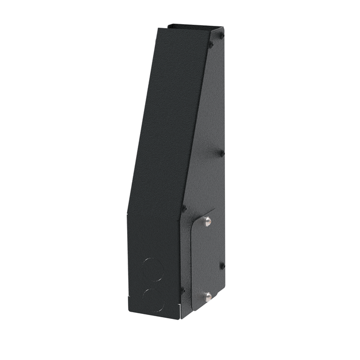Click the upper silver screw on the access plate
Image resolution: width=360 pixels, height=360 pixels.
point(208,221)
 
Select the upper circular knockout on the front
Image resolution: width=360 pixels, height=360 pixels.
point(152,269)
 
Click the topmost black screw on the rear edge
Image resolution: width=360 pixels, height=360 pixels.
point(221,36)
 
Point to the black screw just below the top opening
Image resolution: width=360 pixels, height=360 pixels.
point(210,44)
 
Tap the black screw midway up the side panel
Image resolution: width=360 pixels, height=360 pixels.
point(221,152)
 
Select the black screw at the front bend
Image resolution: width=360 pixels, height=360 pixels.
point(183,208)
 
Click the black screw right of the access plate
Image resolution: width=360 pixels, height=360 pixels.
point(222,265)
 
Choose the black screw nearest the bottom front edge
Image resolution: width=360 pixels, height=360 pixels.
point(182,290)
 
